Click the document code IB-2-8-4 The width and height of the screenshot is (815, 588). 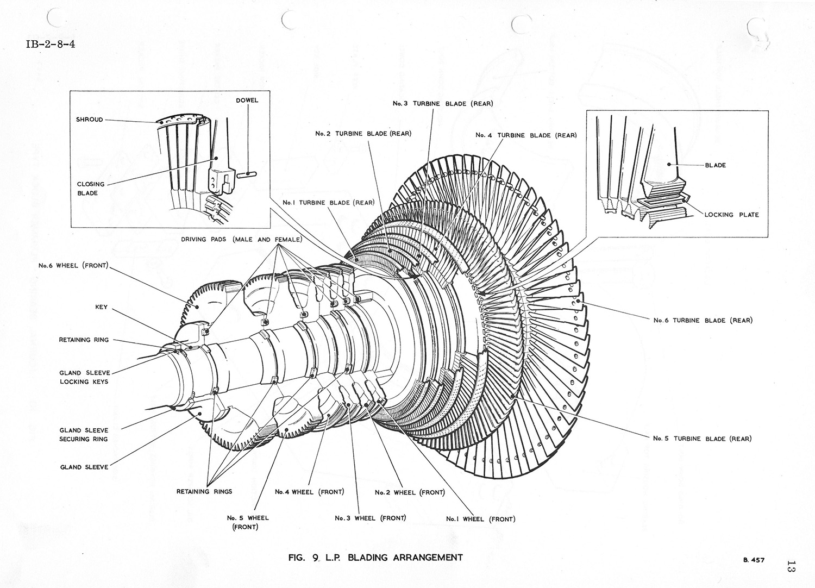point(50,44)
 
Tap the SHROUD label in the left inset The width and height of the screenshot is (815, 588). point(90,120)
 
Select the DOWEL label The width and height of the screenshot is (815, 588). point(247,101)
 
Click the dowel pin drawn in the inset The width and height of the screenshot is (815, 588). point(247,174)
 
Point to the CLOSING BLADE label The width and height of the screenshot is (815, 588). point(90,189)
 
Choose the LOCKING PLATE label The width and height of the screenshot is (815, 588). point(731,215)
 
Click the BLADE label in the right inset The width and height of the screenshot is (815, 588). point(715,165)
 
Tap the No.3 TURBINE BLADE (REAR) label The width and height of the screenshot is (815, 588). point(443,103)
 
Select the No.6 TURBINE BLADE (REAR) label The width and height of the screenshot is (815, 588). point(703,320)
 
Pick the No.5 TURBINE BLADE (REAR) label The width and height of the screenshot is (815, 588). point(702,439)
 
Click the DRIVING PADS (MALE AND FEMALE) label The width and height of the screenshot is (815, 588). point(242,240)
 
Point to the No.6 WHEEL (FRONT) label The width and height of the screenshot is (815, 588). point(73,266)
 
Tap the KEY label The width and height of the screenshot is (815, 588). point(102,307)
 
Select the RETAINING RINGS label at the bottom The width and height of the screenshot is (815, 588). point(204,492)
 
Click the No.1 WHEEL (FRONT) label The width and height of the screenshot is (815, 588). point(480,519)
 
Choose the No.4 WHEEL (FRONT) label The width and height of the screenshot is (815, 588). point(310,492)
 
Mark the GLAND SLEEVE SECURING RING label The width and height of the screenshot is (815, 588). point(84,434)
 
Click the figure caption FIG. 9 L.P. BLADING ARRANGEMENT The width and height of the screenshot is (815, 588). point(377,557)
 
